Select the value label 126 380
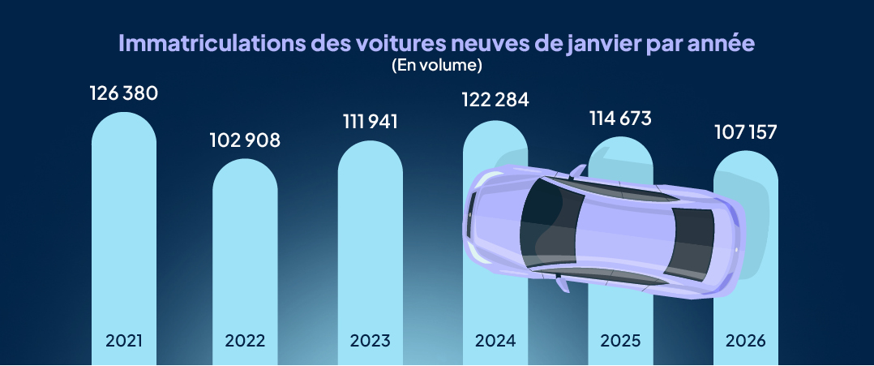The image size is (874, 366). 123,93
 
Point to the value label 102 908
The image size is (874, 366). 246,140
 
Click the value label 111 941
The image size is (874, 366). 370,122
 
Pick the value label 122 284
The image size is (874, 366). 495,101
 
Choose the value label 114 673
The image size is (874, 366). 619,118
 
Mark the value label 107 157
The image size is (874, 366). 744,132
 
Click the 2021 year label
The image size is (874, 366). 123,340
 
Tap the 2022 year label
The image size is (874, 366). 246,340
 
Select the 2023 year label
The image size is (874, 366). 370,340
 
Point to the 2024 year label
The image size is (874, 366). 495,340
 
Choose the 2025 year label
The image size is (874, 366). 619,340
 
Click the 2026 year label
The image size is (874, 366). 744,340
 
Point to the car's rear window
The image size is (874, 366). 693,243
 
